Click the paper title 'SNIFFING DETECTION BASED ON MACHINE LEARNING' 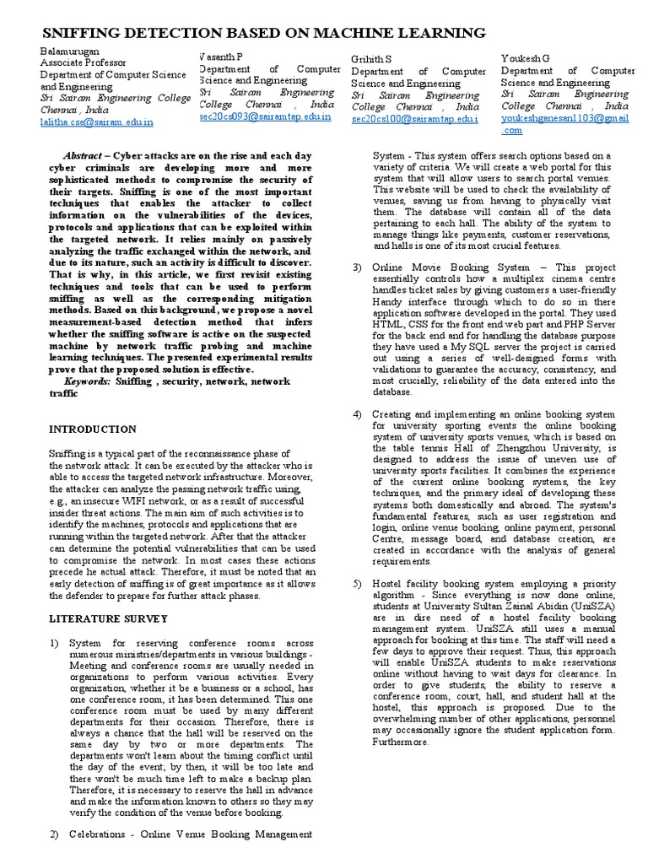264,33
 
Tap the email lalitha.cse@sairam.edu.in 97,122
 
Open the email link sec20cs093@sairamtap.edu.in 264,116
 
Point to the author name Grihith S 371,60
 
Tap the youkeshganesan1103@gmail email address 564,119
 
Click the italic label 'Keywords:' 87,381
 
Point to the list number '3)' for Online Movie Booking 356,267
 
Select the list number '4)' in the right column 356,413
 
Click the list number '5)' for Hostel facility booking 356,583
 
